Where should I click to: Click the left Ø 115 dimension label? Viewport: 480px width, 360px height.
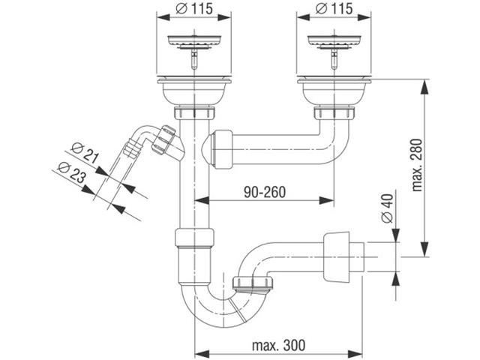(193, 8)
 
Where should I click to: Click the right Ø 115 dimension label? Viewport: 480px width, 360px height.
(334, 8)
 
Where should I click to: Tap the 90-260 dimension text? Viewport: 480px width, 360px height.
(265, 192)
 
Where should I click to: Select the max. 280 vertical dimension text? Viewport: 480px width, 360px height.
(417, 165)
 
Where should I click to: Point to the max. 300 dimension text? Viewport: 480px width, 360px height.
(278, 345)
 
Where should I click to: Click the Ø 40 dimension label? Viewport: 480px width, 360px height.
(388, 208)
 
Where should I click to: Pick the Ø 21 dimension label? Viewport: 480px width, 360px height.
(85, 153)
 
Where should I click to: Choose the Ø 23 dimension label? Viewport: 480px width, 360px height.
(71, 172)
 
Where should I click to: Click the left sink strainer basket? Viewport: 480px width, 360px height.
(194, 42)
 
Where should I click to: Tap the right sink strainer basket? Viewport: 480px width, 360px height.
(334, 42)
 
